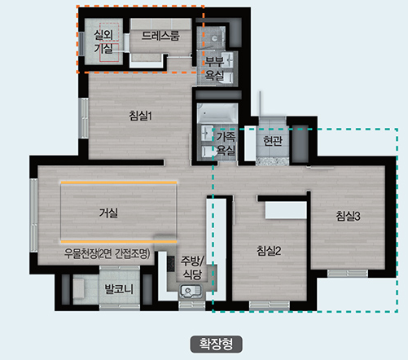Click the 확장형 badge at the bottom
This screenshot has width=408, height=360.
pyautogui.click(x=216, y=344)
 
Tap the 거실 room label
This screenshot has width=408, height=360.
pyautogui.click(x=108, y=213)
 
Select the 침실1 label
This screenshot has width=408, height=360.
pyautogui.click(x=141, y=116)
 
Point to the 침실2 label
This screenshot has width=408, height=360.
pyautogui.click(x=269, y=251)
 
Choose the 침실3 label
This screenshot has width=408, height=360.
pyautogui.click(x=349, y=216)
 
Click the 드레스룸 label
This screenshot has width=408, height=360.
pyautogui.click(x=160, y=36)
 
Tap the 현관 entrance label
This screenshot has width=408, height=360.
pyautogui.click(x=273, y=141)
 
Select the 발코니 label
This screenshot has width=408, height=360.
pyautogui.click(x=119, y=289)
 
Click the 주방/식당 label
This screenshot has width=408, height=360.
pyautogui.click(x=192, y=268)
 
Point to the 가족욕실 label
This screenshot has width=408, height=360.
pyautogui.click(x=226, y=143)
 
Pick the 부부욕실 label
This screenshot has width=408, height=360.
pyautogui.click(x=214, y=68)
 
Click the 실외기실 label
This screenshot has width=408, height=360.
pyautogui.click(x=103, y=42)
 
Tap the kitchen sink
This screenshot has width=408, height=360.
pyautogui.click(x=191, y=292)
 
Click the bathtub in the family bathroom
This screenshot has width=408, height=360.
pyautogui.click(x=217, y=113)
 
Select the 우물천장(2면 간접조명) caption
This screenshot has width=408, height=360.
pyautogui.click(x=107, y=254)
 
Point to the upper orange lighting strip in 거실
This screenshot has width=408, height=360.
pyautogui.click(x=119, y=182)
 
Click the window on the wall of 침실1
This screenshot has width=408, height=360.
pyautogui.click(x=84, y=118)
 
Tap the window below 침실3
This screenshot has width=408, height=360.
pyautogui.click(x=348, y=274)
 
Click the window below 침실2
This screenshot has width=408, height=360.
pyautogui.click(x=270, y=305)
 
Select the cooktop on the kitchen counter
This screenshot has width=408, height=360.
pyautogui.click(x=171, y=264)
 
